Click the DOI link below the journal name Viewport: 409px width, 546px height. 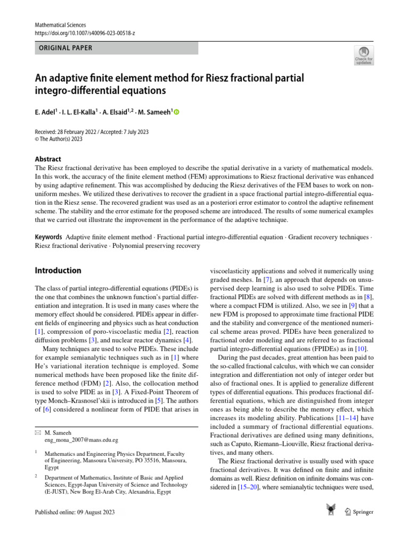[x=85, y=33]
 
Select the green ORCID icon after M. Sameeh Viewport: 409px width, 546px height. [x=177, y=112]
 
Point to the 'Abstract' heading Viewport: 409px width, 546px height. [x=48, y=159]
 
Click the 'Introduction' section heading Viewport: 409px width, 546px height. [x=58, y=270]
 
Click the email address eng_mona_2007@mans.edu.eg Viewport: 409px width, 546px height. [x=81, y=440]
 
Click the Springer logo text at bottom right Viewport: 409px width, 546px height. [x=362, y=512]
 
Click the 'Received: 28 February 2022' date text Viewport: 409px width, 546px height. [x=68, y=132]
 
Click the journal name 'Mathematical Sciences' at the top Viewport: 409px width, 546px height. [x=60, y=25]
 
